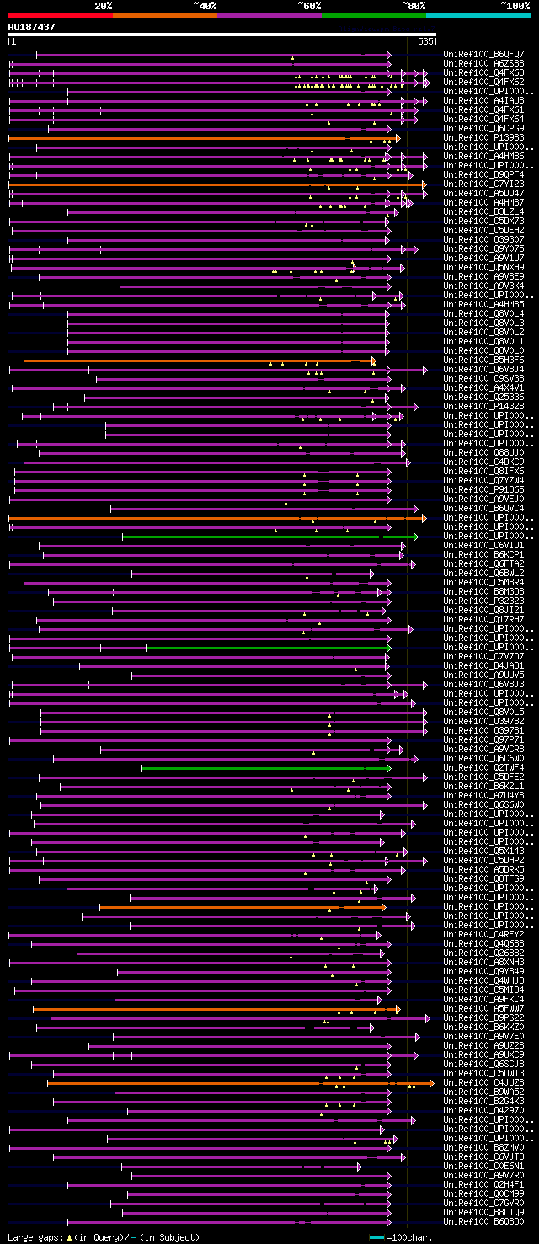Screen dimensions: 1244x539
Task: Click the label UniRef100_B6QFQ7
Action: (x=483, y=54)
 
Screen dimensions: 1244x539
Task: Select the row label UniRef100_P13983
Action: (x=483, y=137)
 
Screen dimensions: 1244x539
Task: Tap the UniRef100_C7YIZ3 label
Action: (x=483, y=184)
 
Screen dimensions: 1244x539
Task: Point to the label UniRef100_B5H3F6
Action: (x=483, y=360)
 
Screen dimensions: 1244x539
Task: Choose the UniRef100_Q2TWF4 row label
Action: (x=483, y=767)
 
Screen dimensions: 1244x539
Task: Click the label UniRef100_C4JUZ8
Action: (x=483, y=1082)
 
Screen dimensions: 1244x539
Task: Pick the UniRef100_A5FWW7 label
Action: (x=483, y=1008)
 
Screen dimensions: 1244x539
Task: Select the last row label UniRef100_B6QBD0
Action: (x=483, y=1221)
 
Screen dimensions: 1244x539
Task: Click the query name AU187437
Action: (x=31, y=27)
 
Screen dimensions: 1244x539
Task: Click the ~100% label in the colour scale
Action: (x=515, y=6)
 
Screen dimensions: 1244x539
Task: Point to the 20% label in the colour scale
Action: (x=104, y=6)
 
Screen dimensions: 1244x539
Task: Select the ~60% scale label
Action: (x=308, y=6)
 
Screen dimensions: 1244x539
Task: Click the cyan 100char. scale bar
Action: (x=377, y=1237)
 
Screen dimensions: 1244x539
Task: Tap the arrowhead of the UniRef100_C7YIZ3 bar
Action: (x=424, y=184)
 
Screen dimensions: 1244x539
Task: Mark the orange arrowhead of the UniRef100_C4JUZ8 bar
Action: (x=430, y=1083)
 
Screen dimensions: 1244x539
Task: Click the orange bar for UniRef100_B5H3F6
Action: (x=194, y=360)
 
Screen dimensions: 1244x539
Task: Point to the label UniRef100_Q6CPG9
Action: (x=483, y=128)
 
